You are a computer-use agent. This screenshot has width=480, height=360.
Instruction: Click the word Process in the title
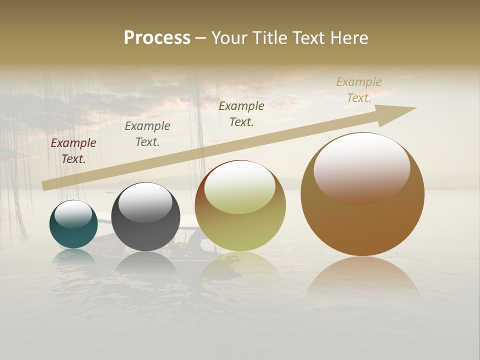tap(157, 38)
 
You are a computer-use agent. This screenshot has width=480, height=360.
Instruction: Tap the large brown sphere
tap(362, 225)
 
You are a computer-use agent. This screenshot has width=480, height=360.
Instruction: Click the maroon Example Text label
tap(73, 151)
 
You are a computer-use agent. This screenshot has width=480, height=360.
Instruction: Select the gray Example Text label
tap(147, 134)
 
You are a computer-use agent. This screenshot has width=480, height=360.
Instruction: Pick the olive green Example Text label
tap(241, 113)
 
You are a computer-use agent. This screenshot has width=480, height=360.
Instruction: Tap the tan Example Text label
tap(359, 90)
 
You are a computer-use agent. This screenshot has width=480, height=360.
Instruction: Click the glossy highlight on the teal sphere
tap(73, 214)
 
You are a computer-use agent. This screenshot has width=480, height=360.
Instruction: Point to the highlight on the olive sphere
tap(240, 187)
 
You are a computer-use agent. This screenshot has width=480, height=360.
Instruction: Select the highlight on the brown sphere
tap(362, 167)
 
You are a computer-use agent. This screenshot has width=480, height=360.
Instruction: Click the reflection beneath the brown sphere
tap(362, 277)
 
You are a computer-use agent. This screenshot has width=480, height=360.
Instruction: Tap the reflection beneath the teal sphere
tap(73, 257)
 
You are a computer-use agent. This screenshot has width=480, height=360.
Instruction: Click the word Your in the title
tap(228, 38)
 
